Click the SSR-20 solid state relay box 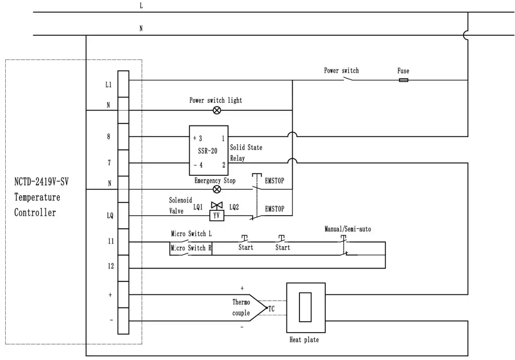pos(208,150)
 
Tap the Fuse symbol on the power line pos(403,80)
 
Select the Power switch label pos(341,70)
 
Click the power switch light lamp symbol pos(216,110)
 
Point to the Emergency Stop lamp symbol pos(216,189)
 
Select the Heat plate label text pos(304,340)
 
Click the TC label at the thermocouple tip pos(272,308)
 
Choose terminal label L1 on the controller pos(108,84)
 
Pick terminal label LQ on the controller pos(109,215)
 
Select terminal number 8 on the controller pos(108,136)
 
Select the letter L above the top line pos(141,5)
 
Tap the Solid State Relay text pos(246,148)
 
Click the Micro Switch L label pos(191,233)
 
